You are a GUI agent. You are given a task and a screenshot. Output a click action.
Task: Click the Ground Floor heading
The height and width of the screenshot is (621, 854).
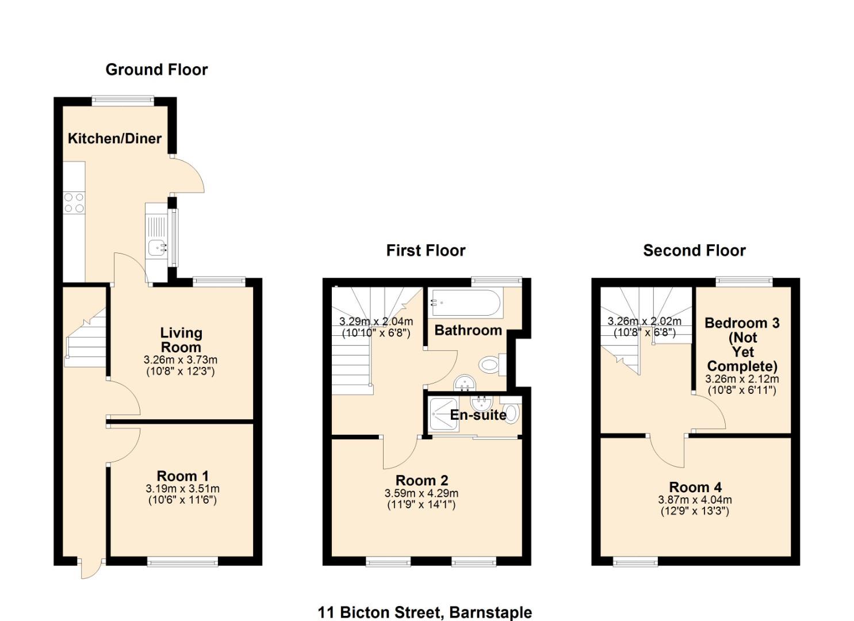[x=156, y=70]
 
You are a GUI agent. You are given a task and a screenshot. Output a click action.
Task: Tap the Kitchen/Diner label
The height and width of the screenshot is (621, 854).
[x=114, y=139]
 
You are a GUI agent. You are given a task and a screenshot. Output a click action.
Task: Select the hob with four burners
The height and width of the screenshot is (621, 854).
[x=74, y=203]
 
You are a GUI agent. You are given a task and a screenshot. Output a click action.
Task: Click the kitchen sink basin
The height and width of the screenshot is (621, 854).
[x=156, y=248]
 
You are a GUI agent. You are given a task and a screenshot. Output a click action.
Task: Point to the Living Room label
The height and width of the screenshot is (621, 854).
[x=181, y=340]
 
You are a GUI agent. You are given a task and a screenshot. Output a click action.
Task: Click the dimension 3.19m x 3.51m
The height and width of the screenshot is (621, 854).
[x=182, y=489]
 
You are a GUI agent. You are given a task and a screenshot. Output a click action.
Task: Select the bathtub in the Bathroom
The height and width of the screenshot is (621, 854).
[x=466, y=302]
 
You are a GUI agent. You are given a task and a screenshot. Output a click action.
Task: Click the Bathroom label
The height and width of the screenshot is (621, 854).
[x=468, y=330]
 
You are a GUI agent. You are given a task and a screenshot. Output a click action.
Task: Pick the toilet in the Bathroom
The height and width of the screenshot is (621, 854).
[x=489, y=364]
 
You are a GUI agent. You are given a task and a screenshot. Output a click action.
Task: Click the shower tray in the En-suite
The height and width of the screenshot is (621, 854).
[x=443, y=415]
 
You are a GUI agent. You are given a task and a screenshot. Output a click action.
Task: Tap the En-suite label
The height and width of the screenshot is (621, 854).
[x=478, y=415]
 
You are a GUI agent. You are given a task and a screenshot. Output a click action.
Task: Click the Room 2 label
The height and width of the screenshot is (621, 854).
[x=422, y=481]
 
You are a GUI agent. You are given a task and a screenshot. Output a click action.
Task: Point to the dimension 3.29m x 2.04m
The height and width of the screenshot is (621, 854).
[x=376, y=322]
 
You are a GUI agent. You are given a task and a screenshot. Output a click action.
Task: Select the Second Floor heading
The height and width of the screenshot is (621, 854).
[x=694, y=251]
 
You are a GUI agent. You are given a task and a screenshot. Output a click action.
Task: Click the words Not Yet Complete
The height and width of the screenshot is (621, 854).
[x=742, y=352]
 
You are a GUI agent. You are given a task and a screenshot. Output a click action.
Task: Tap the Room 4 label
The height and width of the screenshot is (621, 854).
[x=695, y=488]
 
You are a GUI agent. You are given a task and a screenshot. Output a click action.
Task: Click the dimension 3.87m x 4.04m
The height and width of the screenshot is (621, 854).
[x=695, y=500]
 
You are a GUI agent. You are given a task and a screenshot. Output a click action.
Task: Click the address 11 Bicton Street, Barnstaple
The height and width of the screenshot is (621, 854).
[x=424, y=612]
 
